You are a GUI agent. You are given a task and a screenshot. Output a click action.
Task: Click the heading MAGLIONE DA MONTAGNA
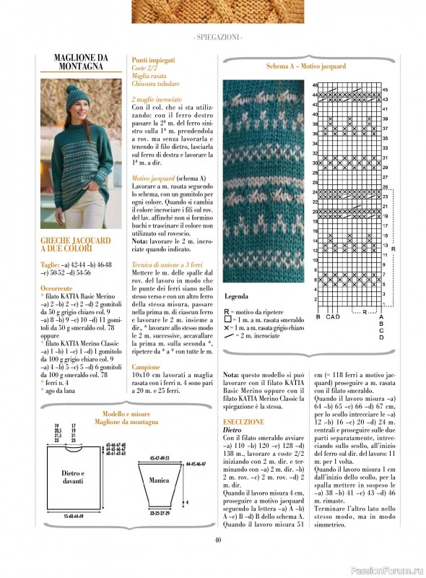coord(81,62)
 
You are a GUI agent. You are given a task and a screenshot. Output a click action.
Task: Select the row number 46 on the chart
coord(316,86)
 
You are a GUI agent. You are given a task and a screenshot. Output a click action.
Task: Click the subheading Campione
coord(147,366)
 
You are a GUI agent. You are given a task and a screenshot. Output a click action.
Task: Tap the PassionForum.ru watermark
coord(386,569)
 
